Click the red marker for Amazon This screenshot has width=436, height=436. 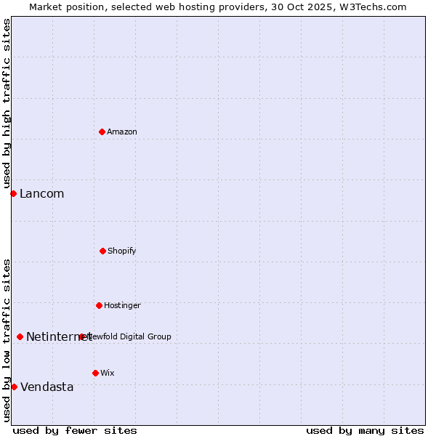tap(102, 132)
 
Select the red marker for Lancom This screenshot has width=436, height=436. tap(13, 193)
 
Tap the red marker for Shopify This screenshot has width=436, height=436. tap(102, 251)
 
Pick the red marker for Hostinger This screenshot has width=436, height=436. tap(99, 305)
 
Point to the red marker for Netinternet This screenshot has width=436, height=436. tap(20, 336)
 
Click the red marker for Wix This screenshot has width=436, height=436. tap(95, 373)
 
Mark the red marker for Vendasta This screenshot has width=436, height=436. tap(14, 387)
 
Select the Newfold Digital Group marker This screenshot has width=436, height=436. tap(82, 336)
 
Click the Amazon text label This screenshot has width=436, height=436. tap(122, 132)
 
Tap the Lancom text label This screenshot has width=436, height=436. tap(41, 193)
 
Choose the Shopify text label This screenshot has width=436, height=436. tap(122, 251)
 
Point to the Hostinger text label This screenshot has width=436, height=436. tap(122, 305)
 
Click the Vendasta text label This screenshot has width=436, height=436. tap(47, 387)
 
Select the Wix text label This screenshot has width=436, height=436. tap(108, 373)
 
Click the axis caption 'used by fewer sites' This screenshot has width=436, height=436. tap(75, 430)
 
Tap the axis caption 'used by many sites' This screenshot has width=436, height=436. tap(365, 430)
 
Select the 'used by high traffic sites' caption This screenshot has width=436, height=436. tap(7, 104)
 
